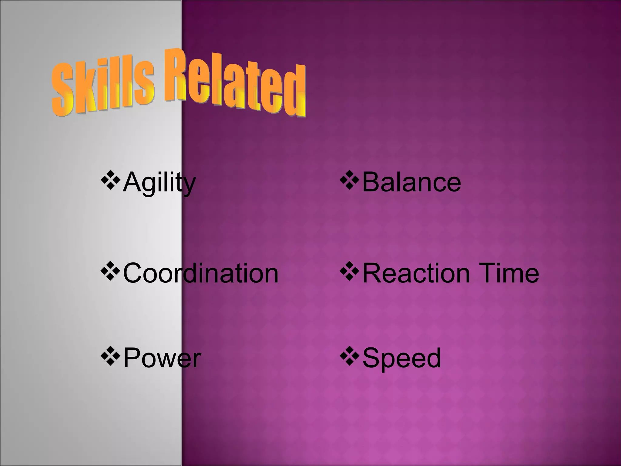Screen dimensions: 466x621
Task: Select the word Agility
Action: pyautogui.click(x=159, y=182)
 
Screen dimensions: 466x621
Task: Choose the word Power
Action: pyautogui.click(x=162, y=358)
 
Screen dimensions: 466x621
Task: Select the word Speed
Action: pyautogui.click(x=401, y=358)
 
